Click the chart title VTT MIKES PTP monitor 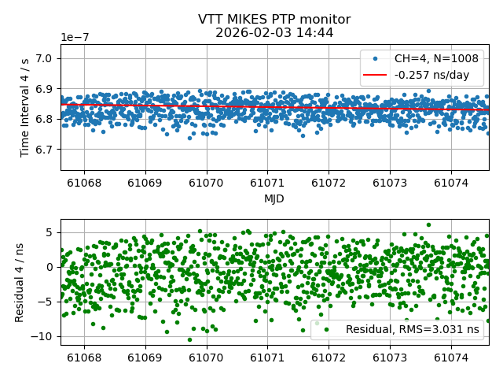click(x=274, y=20)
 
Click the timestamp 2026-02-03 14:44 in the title click(x=274, y=33)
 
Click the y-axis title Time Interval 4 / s click(x=25, y=107)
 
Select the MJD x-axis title click(x=274, y=198)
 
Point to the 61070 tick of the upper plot click(x=207, y=182)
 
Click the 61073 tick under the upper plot click(x=390, y=182)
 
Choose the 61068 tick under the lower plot click(x=84, y=357)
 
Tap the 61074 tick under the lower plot click(x=451, y=357)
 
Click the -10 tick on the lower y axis click(x=44, y=335)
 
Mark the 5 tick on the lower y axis click(x=50, y=232)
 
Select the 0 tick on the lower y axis click(x=50, y=267)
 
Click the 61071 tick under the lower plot click(x=267, y=357)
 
